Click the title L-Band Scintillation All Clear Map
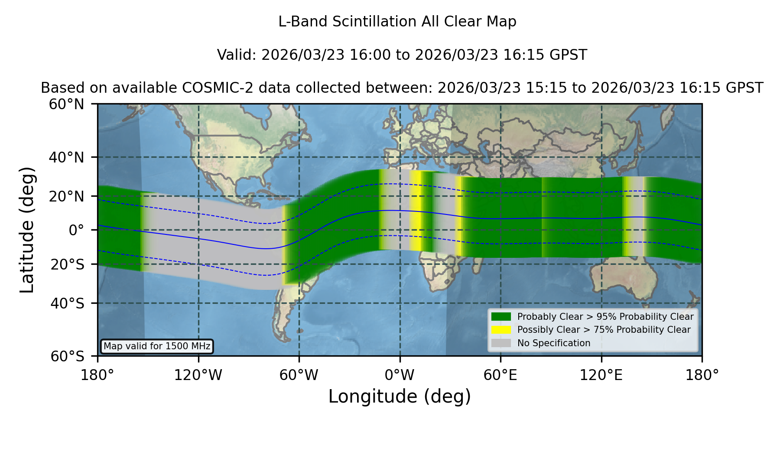pyautogui.click(x=397, y=22)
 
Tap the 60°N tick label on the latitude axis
pyautogui.click(x=67, y=104)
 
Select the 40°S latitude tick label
pyautogui.click(x=67, y=303)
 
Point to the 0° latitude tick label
pyautogui.click(x=76, y=230)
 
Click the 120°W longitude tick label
pyautogui.click(x=198, y=375)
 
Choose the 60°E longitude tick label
pyautogui.click(x=500, y=375)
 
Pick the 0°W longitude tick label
pyautogui.click(x=400, y=375)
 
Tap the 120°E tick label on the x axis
pyautogui.click(x=601, y=375)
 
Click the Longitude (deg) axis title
pyautogui.click(x=400, y=396)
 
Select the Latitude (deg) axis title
pyautogui.click(x=27, y=230)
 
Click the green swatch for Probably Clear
pyautogui.click(x=501, y=317)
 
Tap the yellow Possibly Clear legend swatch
pyautogui.click(x=501, y=330)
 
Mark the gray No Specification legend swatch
pyautogui.click(x=501, y=343)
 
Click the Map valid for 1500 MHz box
pyautogui.click(x=157, y=346)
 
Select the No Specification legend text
pyautogui.click(x=554, y=343)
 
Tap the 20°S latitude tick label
pyautogui.click(x=67, y=264)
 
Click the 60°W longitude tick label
pyautogui.click(x=299, y=375)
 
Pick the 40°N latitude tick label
pyautogui.click(x=67, y=157)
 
